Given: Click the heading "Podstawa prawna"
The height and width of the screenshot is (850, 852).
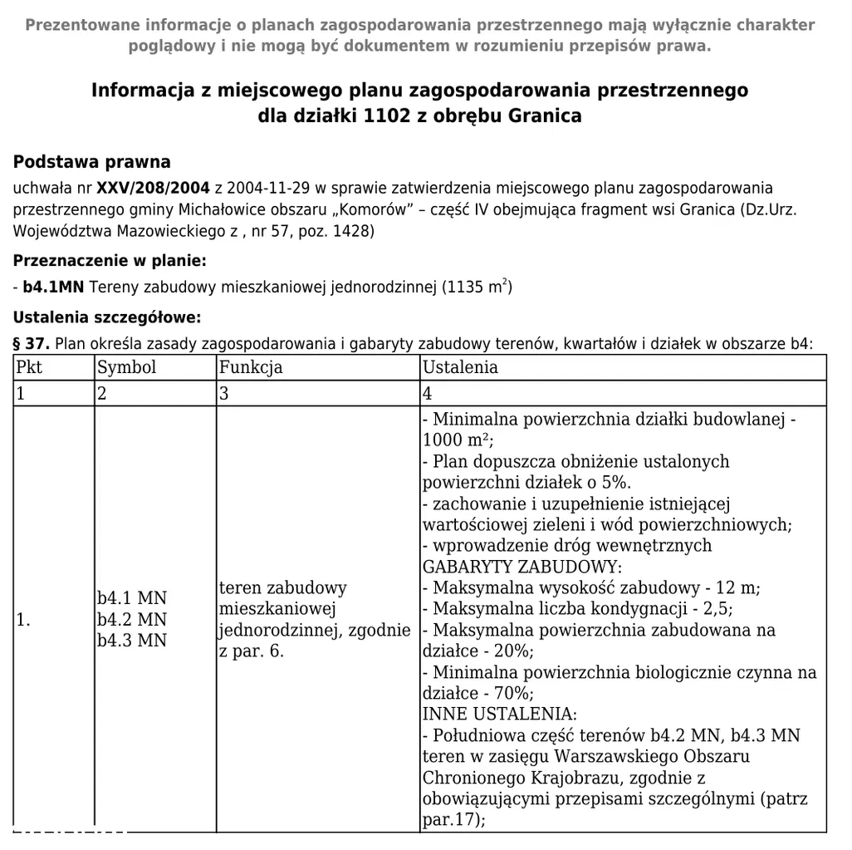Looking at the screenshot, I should tap(92, 162).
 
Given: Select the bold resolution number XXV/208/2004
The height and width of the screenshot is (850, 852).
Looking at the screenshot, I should tap(154, 189).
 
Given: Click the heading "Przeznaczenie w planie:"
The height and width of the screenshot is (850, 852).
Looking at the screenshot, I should tap(110, 261).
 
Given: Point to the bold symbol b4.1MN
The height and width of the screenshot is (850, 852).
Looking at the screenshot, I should tap(54, 288).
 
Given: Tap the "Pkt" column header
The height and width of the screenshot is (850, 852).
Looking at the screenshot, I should tap(30, 367).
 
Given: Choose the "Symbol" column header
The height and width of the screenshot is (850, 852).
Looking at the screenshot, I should tap(126, 367).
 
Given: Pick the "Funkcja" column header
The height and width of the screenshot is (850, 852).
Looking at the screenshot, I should tap(251, 367).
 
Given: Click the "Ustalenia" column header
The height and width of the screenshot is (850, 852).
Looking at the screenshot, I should tap(460, 367).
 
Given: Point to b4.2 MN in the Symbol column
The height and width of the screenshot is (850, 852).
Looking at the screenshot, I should tap(132, 619).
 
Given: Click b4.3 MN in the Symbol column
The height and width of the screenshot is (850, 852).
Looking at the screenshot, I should tap(132, 640).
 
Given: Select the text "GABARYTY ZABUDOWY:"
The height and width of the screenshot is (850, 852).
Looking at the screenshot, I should tap(521, 567).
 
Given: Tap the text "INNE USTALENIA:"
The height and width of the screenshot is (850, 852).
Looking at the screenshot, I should tap(499, 714).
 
